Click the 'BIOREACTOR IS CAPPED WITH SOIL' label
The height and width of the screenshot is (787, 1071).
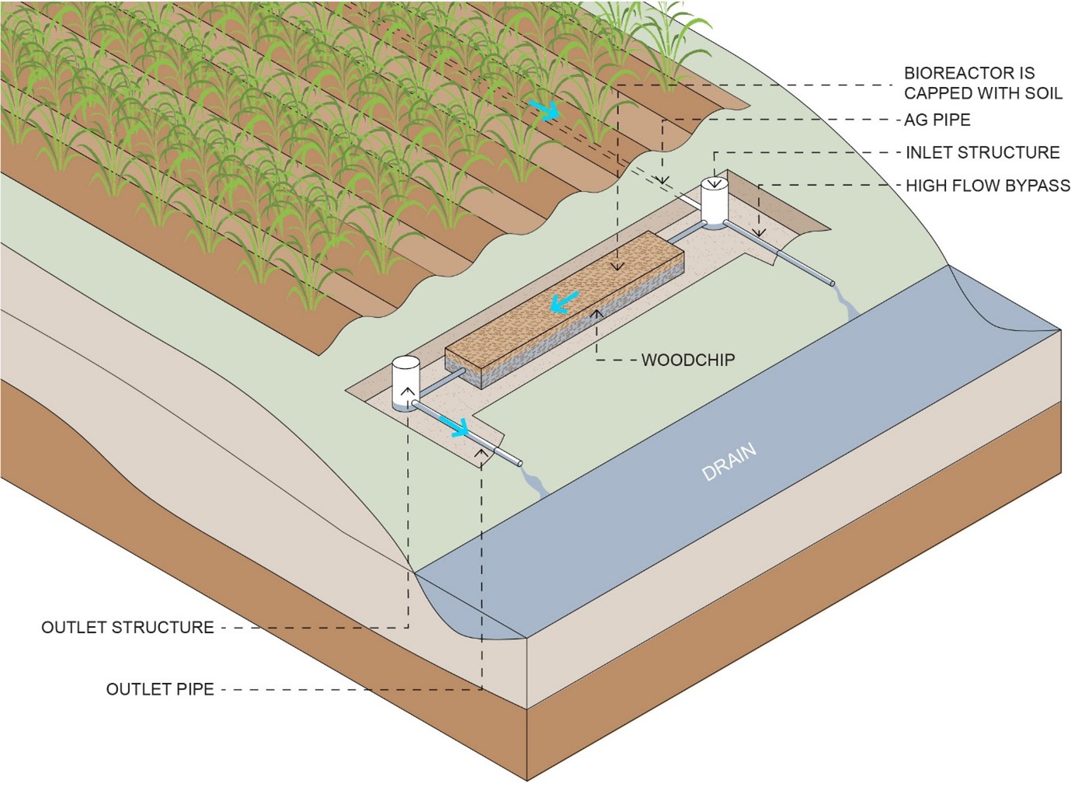[982, 83]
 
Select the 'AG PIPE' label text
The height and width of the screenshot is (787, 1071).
[937, 120]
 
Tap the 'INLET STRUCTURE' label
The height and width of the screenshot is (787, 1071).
[982, 152]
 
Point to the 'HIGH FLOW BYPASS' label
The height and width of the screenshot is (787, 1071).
[988, 186]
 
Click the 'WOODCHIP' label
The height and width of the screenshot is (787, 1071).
[687, 360]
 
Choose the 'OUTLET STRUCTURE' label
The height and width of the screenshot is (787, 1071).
[127, 627]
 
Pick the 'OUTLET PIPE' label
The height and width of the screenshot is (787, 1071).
[160, 689]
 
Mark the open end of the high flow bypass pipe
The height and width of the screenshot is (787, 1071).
[830, 282]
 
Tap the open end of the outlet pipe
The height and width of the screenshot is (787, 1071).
[518, 463]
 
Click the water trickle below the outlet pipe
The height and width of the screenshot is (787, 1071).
[535, 481]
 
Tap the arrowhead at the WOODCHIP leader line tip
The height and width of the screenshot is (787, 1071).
[596, 313]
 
